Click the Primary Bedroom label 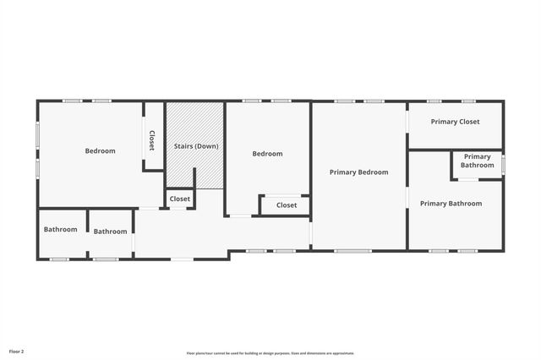[x=359, y=172]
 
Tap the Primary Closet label [x=455, y=122]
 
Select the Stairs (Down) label [x=196, y=146]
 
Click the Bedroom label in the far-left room [x=100, y=151]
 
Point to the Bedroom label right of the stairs [x=267, y=154]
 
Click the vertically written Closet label [x=152, y=139]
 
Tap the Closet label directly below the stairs [x=180, y=199]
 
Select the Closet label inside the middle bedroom [x=287, y=205]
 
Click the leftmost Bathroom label [x=61, y=230]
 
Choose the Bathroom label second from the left [x=110, y=232]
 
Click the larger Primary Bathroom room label [x=451, y=204]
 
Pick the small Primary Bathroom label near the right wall [x=477, y=161]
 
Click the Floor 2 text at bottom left [x=16, y=351]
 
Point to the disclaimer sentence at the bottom [x=270, y=353]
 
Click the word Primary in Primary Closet [x=444, y=122]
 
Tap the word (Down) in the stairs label [x=208, y=146]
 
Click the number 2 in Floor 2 [x=22, y=351]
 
